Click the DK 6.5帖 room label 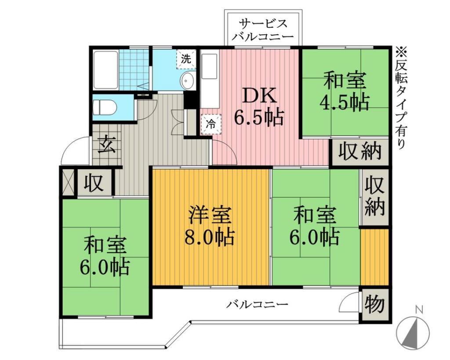pyautogui.click(x=258, y=106)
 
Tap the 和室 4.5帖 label pyautogui.click(x=345, y=91)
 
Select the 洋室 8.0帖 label pyautogui.click(x=210, y=226)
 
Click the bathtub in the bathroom pyautogui.click(x=106, y=69)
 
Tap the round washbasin pyautogui.click(x=188, y=81)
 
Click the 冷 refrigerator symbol pyautogui.click(x=211, y=124)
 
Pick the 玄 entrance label pyautogui.click(x=106, y=145)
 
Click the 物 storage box pyautogui.click(x=374, y=305)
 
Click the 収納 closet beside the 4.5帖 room pyautogui.click(x=359, y=152)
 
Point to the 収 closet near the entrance pyautogui.click(x=94, y=182)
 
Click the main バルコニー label pyautogui.click(x=258, y=304)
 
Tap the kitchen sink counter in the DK pyautogui.click(x=210, y=79)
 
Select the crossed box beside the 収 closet pyautogui.click(x=68, y=182)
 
